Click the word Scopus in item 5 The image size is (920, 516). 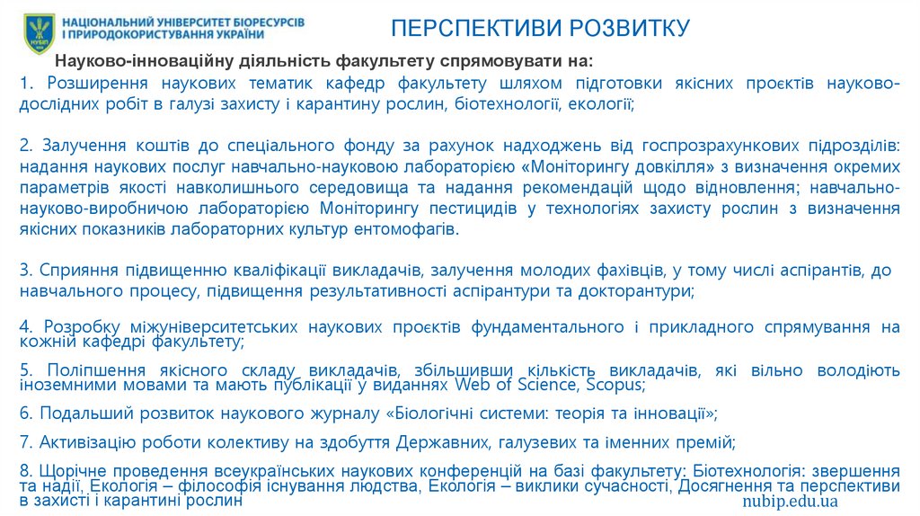(x=615, y=385)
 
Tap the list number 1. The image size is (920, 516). (x=24, y=84)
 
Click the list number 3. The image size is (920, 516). (x=24, y=270)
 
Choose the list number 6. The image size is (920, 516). (x=24, y=414)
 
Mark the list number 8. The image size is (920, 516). (x=24, y=470)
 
